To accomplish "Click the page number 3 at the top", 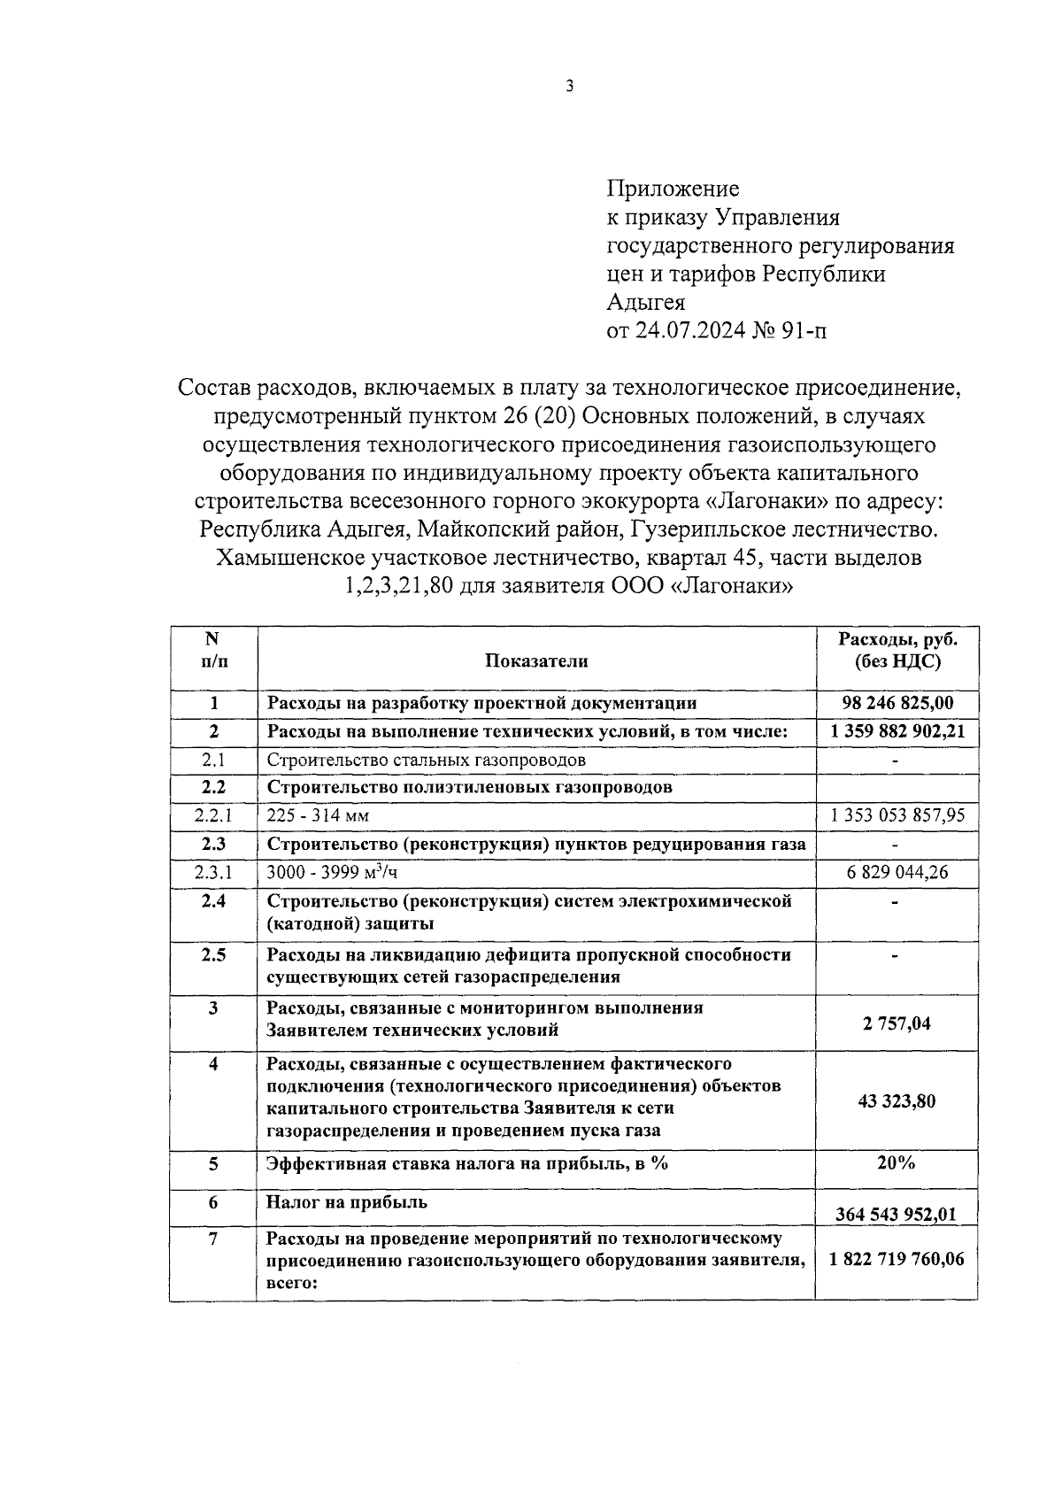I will click(570, 87).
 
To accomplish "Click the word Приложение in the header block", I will click(673, 189).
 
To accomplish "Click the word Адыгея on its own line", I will click(646, 303).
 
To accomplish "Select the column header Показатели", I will click(535, 660).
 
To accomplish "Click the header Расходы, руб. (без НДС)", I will click(897, 650).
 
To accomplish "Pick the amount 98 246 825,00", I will click(897, 703).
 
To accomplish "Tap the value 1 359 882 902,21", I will click(897, 731).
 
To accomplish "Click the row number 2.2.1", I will click(213, 815).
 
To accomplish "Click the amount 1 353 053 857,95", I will click(897, 815).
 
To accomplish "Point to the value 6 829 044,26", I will click(897, 872).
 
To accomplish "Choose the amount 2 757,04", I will click(897, 1023).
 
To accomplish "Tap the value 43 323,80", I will click(897, 1101).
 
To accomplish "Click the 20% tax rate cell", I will click(896, 1162).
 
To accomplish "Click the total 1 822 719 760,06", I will click(897, 1259).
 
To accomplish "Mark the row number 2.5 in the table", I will click(213, 954).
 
